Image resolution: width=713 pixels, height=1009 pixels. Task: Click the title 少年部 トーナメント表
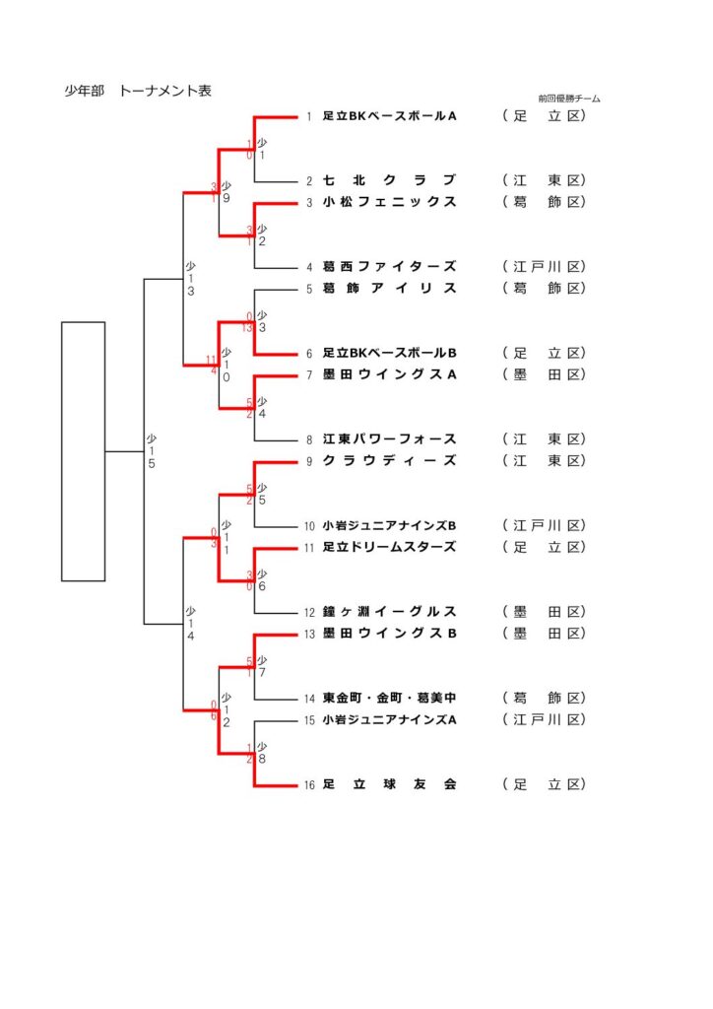pyautogui.click(x=138, y=92)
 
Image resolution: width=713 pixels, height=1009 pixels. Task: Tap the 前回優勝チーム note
pyautogui.click(x=569, y=99)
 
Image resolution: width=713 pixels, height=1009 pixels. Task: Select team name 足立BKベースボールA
pyautogui.click(x=390, y=116)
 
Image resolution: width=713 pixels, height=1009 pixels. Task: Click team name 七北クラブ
pyautogui.click(x=390, y=180)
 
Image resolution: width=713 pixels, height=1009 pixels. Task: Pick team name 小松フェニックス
pyautogui.click(x=390, y=202)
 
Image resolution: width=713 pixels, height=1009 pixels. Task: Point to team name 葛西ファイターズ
pyautogui.click(x=390, y=266)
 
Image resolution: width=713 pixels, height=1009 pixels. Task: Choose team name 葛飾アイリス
pyautogui.click(x=390, y=288)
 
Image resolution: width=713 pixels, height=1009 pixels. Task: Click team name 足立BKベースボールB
pyautogui.click(x=390, y=353)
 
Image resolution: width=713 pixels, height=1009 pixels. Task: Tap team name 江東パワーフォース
pyautogui.click(x=390, y=439)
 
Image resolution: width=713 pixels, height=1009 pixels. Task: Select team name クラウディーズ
pyautogui.click(x=390, y=460)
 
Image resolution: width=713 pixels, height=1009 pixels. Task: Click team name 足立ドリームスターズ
pyautogui.click(x=390, y=547)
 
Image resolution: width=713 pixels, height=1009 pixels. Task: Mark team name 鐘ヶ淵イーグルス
pyautogui.click(x=390, y=611)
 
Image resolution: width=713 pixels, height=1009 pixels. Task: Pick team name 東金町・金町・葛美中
pyautogui.click(x=390, y=698)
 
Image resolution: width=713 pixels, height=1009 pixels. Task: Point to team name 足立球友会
pyautogui.click(x=390, y=784)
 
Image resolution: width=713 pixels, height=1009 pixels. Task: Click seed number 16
pyautogui.click(x=308, y=785)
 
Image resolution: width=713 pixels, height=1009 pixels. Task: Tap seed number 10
pyautogui.click(x=308, y=526)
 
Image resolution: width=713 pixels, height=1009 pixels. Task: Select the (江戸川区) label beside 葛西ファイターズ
pyautogui.click(x=545, y=266)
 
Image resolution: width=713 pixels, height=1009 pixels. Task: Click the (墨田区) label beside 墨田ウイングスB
pyautogui.click(x=545, y=633)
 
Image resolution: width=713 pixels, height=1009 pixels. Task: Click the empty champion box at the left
pyautogui.click(x=83, y=450)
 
